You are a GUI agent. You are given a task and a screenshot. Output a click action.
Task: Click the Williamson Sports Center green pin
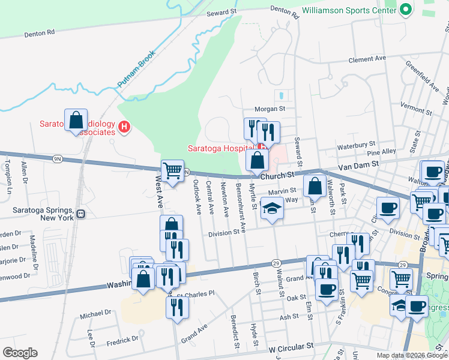coord(406,10)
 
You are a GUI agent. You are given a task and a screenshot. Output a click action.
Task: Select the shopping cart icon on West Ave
coord(172,171)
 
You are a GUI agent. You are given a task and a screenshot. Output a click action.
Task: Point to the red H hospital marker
coord(124,127)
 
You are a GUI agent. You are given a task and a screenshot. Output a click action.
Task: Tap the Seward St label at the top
coord(218,13)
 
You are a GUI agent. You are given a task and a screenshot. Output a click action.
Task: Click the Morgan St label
coord(269,109)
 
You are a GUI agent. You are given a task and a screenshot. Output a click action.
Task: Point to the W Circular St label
coord(291,347)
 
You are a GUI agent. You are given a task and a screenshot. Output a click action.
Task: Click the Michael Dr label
coord(95,313)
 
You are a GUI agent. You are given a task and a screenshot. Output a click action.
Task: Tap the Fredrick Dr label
coord(122,340)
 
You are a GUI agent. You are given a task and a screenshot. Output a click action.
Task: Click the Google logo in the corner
coord(19,353)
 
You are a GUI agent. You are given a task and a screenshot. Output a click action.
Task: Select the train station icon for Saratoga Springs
coord(80,212)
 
